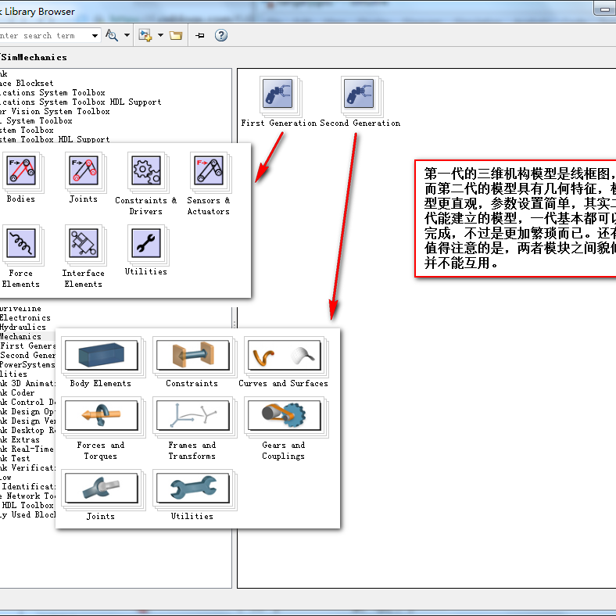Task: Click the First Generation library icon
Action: (x=278, y=95)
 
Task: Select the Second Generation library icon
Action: (x=359, y=95)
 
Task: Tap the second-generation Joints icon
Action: (x=99, y=488)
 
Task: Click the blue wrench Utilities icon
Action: (x=192, y=488)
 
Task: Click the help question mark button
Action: (x=221, y=35)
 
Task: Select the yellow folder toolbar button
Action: (x=176, y=35)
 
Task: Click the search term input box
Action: (x=47, y=35)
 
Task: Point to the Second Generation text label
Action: (x=360, y=124)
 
